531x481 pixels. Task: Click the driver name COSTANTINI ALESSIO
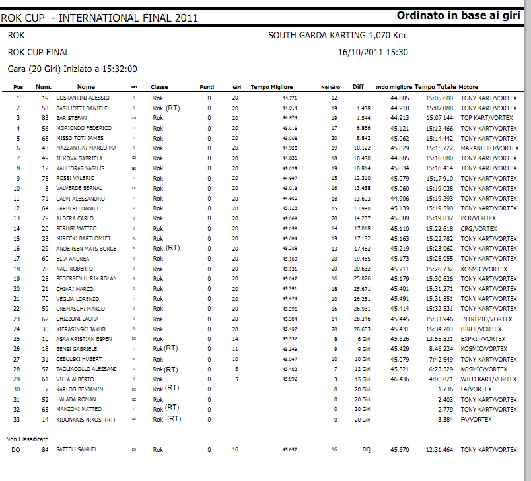[x=83, y=98]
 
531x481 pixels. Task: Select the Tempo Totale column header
[x=435, y=87]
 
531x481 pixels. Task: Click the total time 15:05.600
[x=439, y=98]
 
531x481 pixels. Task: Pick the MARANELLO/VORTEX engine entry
[x=489, y=148]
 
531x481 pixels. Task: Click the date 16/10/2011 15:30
[x=372, y=52]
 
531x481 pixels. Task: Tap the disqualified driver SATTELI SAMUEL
[x=77, y=449]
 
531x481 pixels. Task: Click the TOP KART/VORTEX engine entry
[x=487, y=118]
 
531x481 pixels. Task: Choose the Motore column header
[x=468, y=87]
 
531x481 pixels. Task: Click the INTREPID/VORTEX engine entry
[x=486, y=319]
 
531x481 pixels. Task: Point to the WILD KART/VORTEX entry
[x=489, y=379]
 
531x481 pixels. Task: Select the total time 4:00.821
[x=441, y=379]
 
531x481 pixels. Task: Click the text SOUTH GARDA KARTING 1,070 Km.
[x=338, y=36]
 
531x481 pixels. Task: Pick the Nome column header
[x=86, y=87]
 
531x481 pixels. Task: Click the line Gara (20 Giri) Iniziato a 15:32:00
[x=73, y=68]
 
